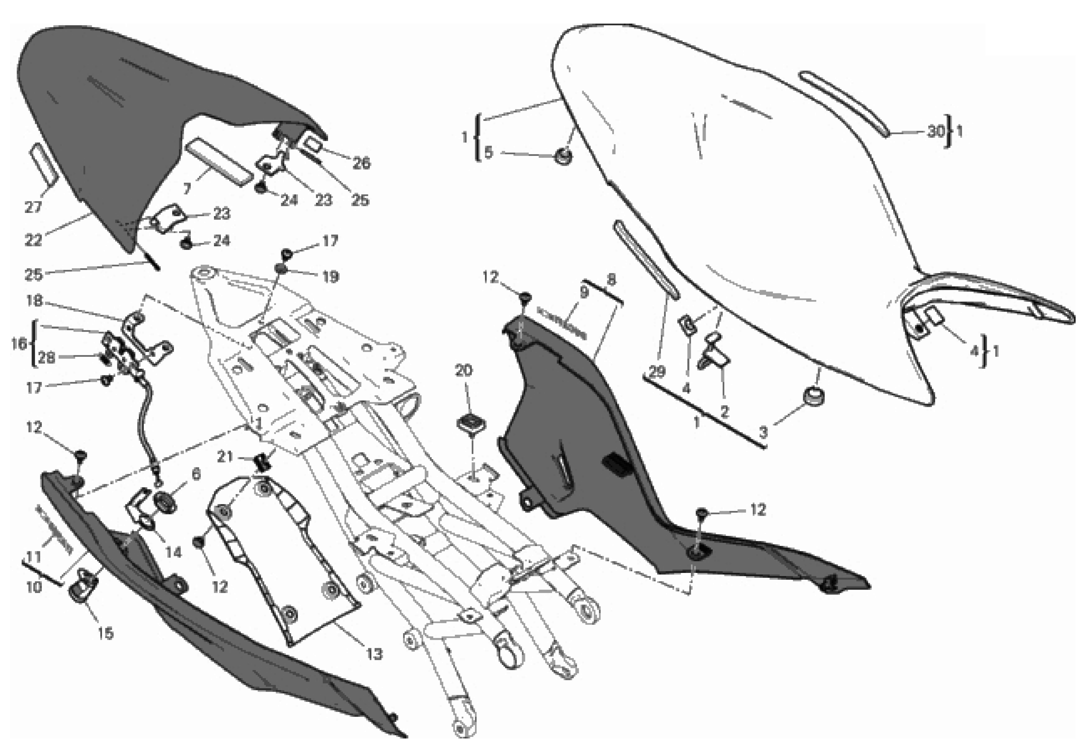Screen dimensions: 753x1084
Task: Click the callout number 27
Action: [x=33, y=207]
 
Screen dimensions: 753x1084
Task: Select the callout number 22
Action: [x=33, y=240]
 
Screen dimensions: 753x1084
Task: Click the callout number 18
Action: [x=34, y=301]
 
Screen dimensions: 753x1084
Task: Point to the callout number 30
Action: [x=935, y=131]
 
